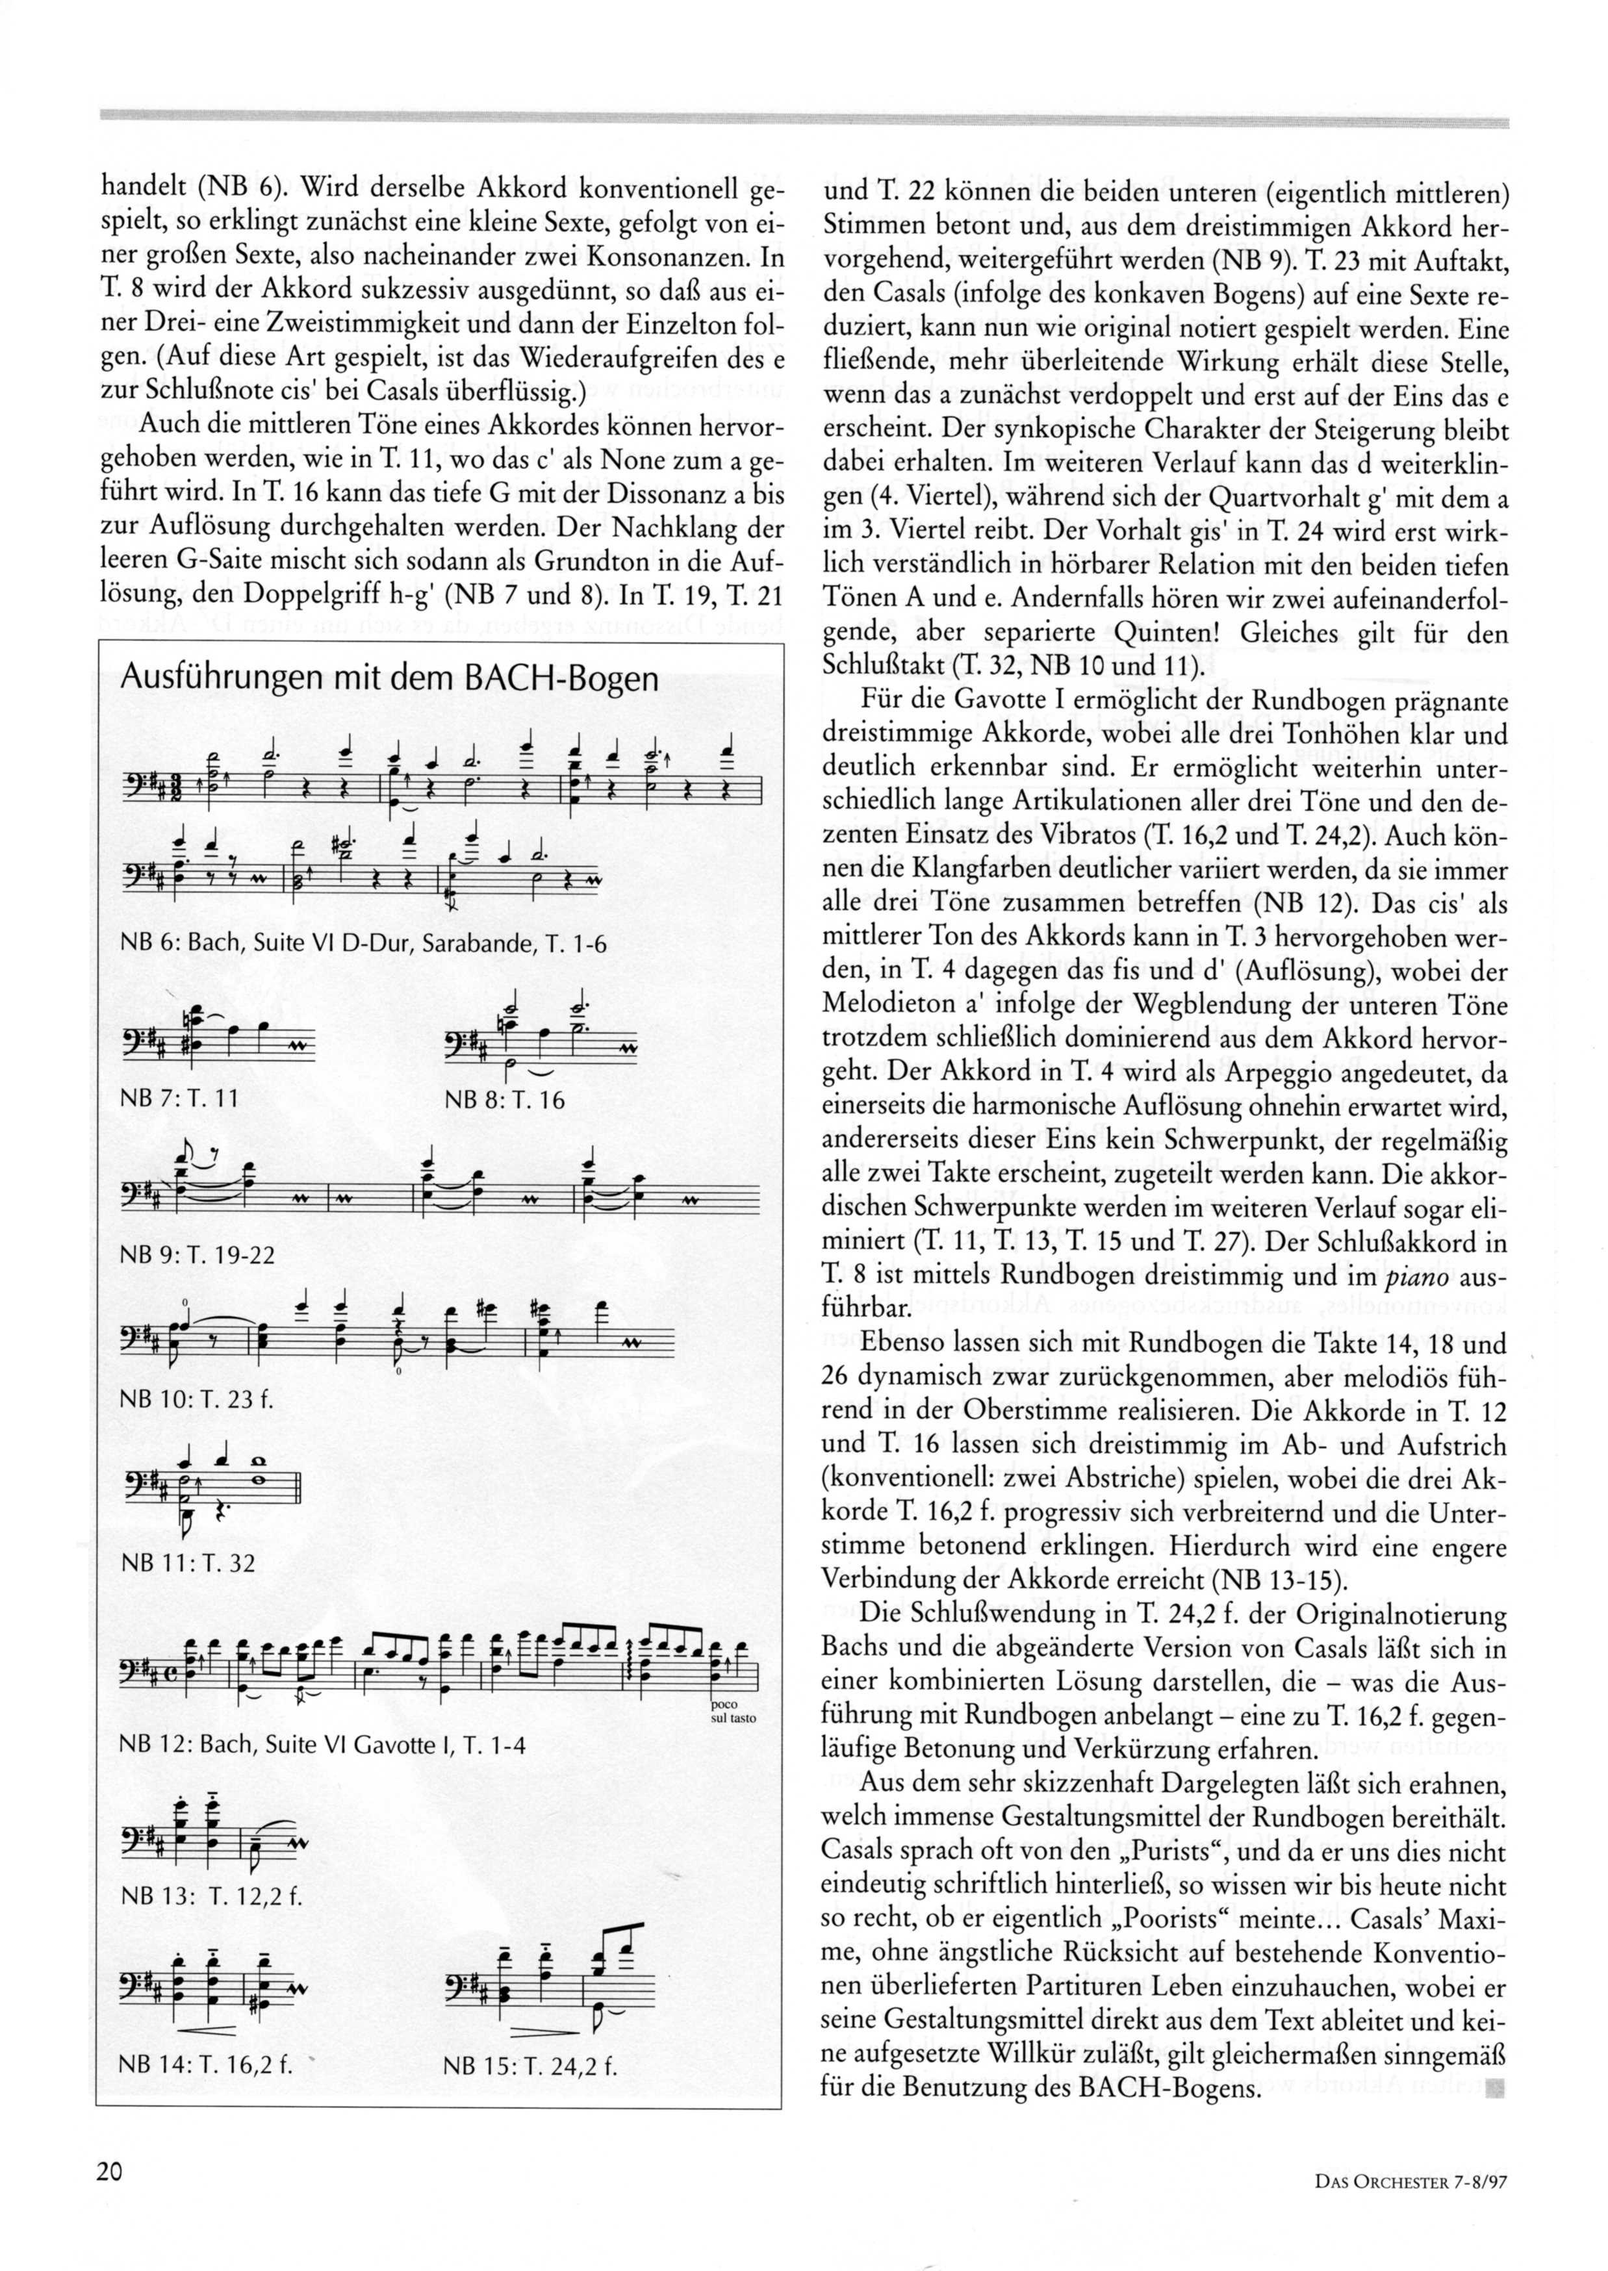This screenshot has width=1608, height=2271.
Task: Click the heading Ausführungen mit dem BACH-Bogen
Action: [x=388, y=679]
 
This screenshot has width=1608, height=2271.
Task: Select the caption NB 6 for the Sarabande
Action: [x=363, y=943]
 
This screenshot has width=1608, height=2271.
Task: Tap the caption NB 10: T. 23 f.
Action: [x=194, y=1401]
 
